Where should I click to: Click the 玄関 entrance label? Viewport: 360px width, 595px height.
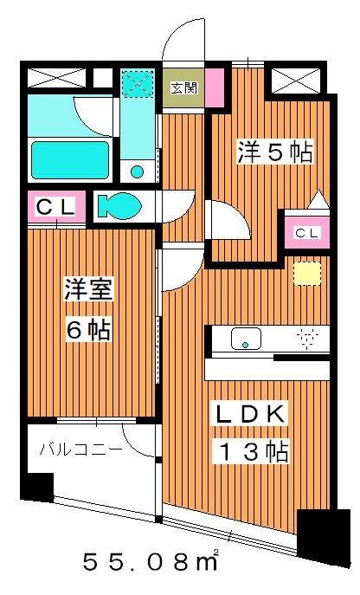(183, 88)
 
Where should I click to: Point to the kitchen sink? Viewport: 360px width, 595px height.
(245, 339)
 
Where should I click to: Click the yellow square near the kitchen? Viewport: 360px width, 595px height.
(304, 273)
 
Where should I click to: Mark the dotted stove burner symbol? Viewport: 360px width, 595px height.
(308, 337)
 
